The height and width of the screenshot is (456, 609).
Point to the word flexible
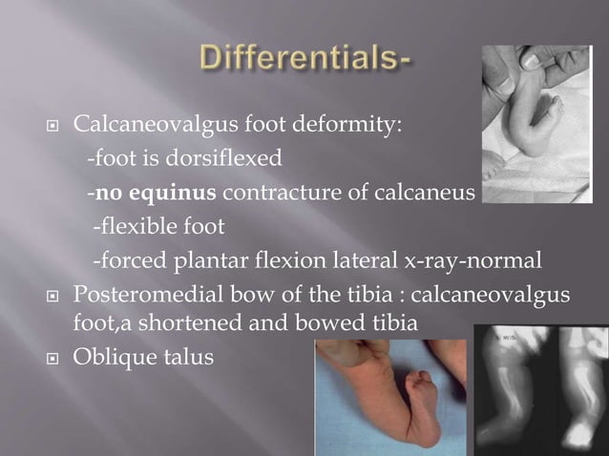141,228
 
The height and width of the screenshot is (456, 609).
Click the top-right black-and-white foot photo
536,123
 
